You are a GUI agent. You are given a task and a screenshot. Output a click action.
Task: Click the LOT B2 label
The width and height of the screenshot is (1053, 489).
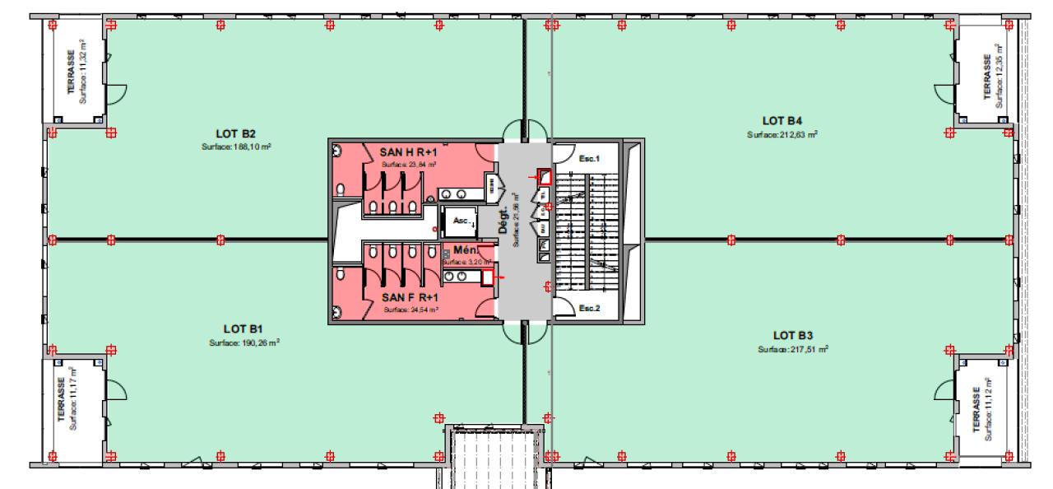(236, 133)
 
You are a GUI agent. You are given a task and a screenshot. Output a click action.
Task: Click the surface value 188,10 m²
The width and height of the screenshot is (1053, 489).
(236, 147)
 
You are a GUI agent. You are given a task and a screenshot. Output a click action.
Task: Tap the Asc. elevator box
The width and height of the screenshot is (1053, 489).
(462, 221)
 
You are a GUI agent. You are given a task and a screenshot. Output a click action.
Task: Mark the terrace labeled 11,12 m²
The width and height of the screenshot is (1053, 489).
(982, 403)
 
